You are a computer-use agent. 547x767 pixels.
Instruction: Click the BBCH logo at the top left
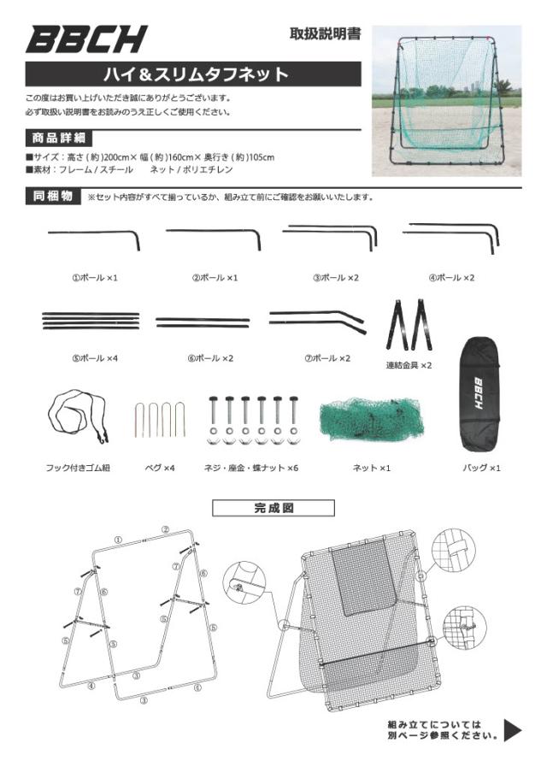coord(85,39)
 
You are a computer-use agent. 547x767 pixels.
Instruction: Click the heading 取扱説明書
coord(325,35)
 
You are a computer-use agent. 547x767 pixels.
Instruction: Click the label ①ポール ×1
coord(94,278)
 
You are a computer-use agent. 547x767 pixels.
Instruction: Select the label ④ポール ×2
coord(450,278)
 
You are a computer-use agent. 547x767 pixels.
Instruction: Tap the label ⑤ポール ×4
coord(94,357)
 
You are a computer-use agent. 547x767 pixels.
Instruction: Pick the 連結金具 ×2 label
coord(409,364)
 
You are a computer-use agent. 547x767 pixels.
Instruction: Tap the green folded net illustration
coord(372,419)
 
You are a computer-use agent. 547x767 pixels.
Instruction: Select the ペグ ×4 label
coord(158,468)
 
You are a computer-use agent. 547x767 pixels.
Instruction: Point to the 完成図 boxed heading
coord(273,508)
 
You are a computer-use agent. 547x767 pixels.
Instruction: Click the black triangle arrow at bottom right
coord(512,729)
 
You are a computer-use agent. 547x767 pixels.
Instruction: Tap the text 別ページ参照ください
coord(443,735)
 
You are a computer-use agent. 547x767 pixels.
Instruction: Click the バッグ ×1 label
coord(481,468)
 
